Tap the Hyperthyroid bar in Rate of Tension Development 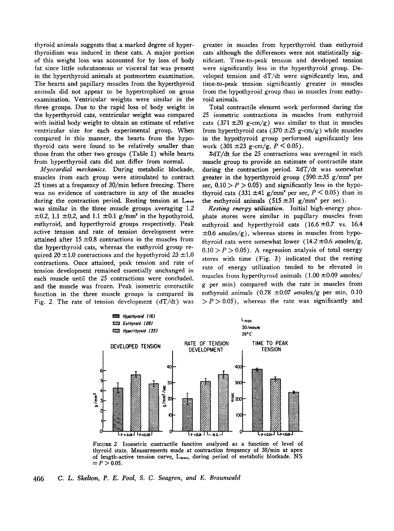tap(223, 403)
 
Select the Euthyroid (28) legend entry tap(132, 323)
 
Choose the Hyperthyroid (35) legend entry tap(134, 331)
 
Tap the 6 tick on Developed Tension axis tap(101, 371)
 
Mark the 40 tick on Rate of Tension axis tap(168, 367)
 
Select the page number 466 tap(39, 478)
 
